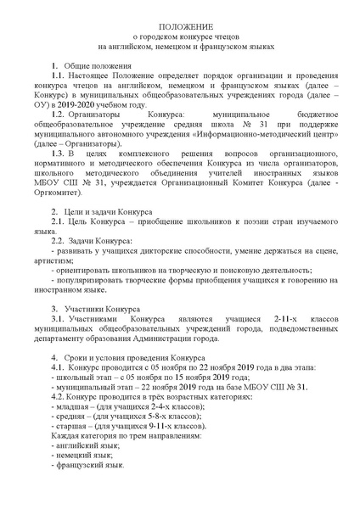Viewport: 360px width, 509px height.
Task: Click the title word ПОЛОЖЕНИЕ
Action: [x=179, y=27]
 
